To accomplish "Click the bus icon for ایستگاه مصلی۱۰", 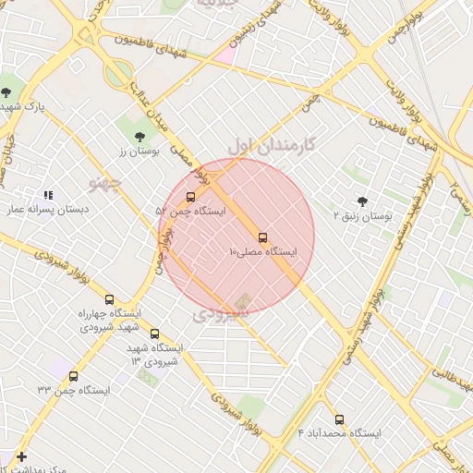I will click(x=263, y=237).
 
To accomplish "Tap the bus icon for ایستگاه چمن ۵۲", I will click(x=191, y=197).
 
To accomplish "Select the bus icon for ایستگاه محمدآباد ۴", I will click(x=339, y=418).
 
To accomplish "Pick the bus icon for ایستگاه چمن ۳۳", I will click(x=73, y=376).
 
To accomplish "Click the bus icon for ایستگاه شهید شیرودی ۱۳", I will click(x=154, y=334).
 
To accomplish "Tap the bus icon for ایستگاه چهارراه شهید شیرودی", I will click(x=110, y=299).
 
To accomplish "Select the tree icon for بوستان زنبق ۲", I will click(x=361, y=201).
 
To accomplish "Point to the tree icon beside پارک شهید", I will click(x=7, y=91).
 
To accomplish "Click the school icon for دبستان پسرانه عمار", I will click(x=48, y=196).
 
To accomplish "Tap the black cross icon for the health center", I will click(x=22, y=456).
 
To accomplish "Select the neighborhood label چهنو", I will click(x=104, y=182).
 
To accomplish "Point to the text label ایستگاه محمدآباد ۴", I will click(x=340, y=432).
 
